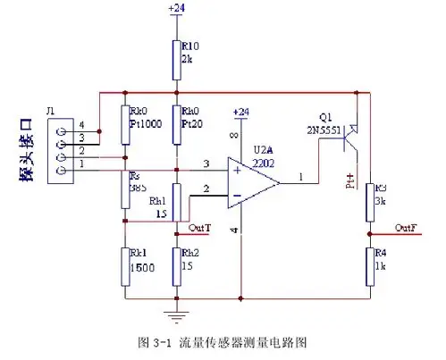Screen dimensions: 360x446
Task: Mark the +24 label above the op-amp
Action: tap(240, 112)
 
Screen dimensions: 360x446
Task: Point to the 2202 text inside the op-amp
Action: tap(265, 164)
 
